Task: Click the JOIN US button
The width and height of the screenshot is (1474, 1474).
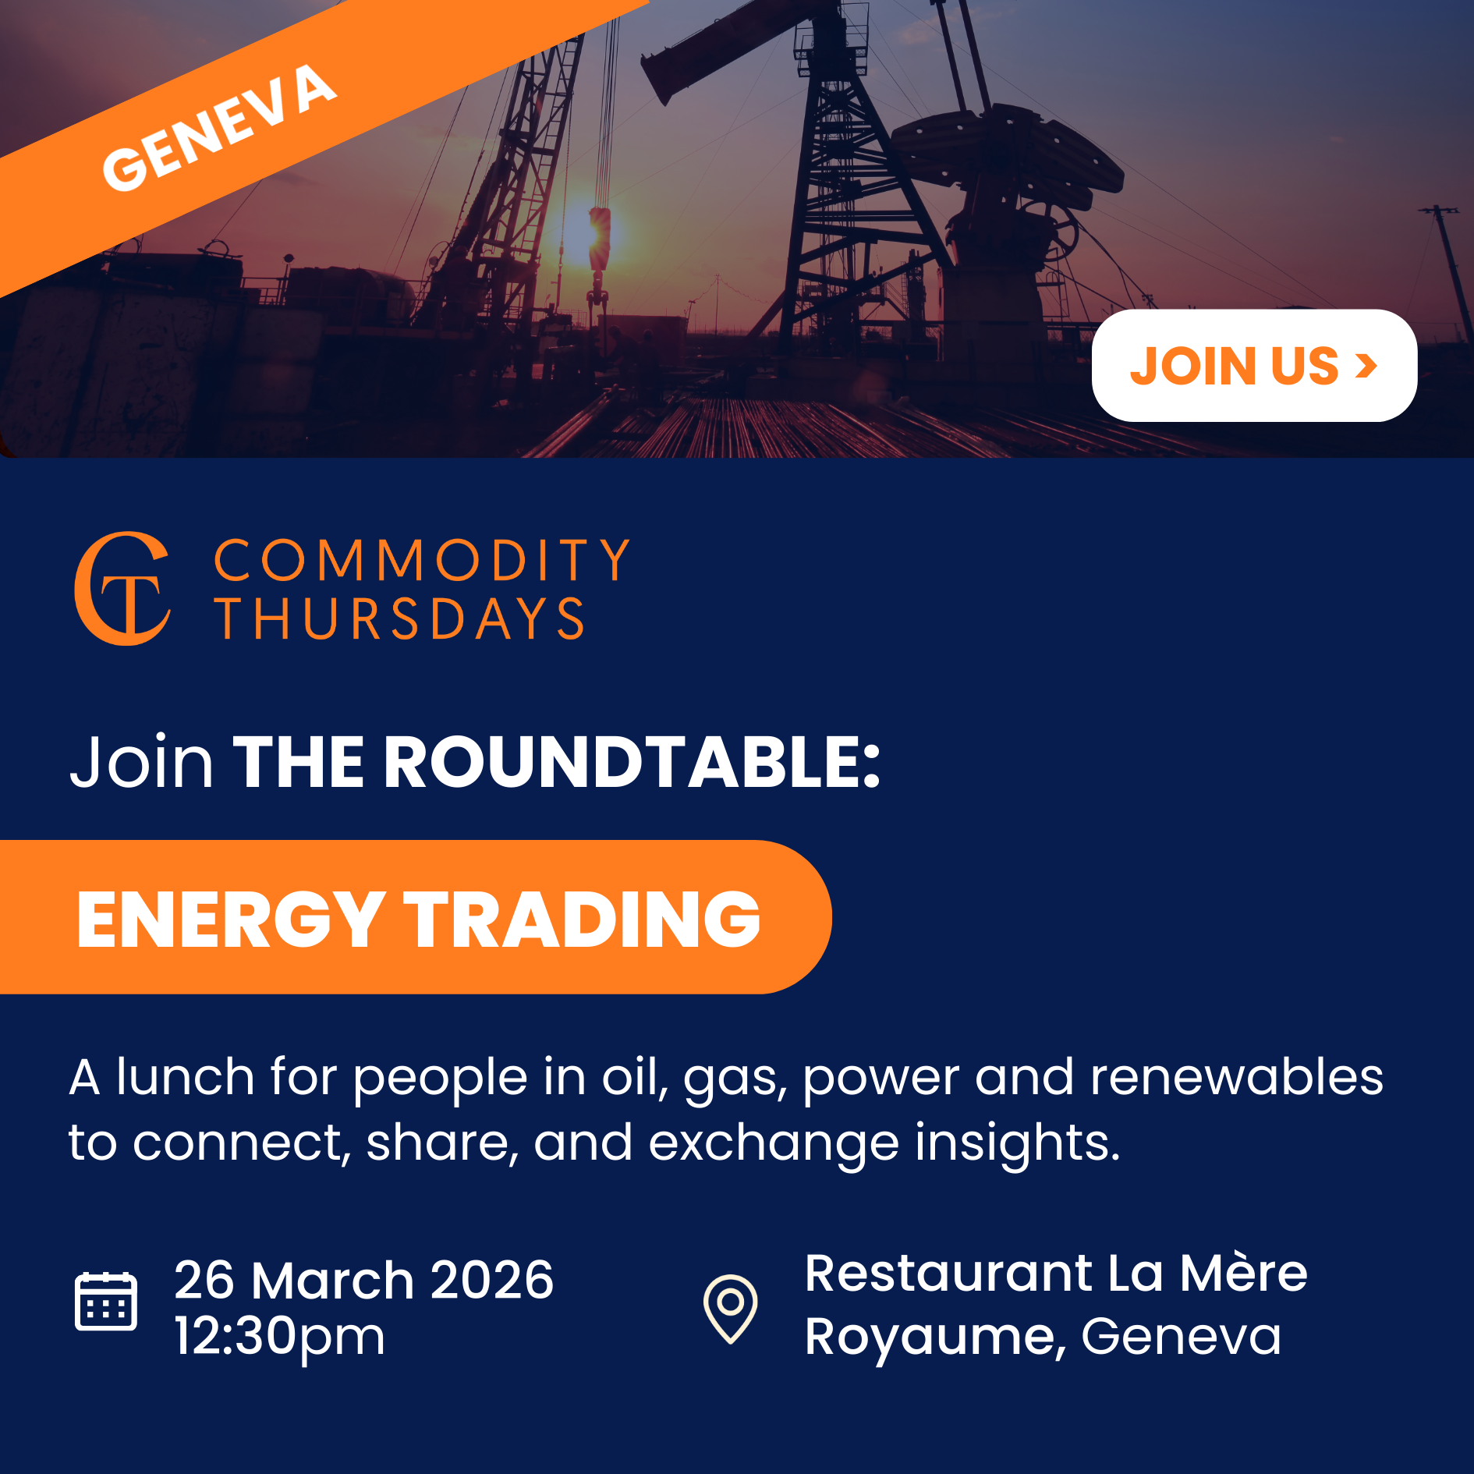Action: (x=1253, y=365)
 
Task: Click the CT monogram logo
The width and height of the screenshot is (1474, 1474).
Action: (x=122, y=589)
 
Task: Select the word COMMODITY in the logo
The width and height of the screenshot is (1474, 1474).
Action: (x=422, y=560)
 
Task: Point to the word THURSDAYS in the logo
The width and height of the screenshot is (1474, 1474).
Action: (x=399, y=619)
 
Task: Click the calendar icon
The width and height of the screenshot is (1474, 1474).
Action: (x=106, y=1301)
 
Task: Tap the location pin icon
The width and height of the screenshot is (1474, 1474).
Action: (x=730, y=1308)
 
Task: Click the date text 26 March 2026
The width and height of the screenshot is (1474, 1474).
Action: (x=363, y=1281)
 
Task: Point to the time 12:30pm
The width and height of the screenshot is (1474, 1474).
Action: (x=279, y=1337)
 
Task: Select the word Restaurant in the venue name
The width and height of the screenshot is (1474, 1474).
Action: (x=948, y=1273)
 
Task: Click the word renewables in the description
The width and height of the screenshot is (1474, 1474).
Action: (x=1236, y=1078)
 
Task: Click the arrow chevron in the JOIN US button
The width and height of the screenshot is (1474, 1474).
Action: (x=1366, y=365)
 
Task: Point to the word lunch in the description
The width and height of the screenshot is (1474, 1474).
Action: (x=186, y=1078)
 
